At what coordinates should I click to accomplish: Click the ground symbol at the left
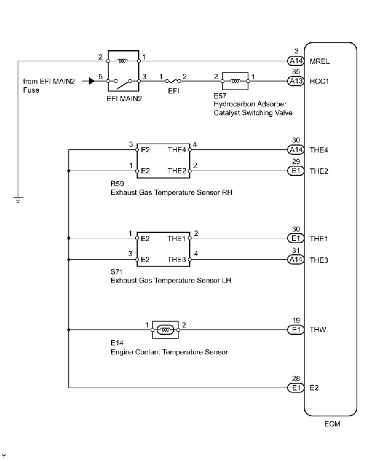click(x=18, y=200)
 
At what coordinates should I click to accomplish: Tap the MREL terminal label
click(x=319, y=61)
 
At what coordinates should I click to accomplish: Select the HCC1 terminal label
click(x=319, y=81)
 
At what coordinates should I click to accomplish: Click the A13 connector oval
click(x=296, y=81)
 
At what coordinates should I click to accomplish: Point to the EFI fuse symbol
click(x=173, y=81)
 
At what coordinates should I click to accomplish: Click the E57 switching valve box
click(x=235, y=81)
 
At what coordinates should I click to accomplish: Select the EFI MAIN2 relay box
click(x=123, y=71)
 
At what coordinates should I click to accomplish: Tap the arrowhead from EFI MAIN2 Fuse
click(x=92, y=81)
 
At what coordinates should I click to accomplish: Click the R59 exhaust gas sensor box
click(x=163, y=161)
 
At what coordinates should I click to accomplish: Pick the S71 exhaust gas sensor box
click(x=163, y=249)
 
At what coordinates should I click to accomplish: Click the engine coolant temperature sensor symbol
click(x=165, y=330)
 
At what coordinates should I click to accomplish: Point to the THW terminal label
click(x=318, y=329)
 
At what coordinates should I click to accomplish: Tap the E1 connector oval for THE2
click(x=296, y=171)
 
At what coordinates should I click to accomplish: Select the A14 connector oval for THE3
click(x=296, y=260)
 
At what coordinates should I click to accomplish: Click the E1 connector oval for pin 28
click(x=296, y=388)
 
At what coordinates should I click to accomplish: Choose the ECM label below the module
click(x=332, y=424)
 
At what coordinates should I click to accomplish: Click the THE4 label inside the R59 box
click(x=177, y=150)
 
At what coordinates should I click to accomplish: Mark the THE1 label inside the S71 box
click(x=176, y=239)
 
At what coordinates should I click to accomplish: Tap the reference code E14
click(x=117, y=343)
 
